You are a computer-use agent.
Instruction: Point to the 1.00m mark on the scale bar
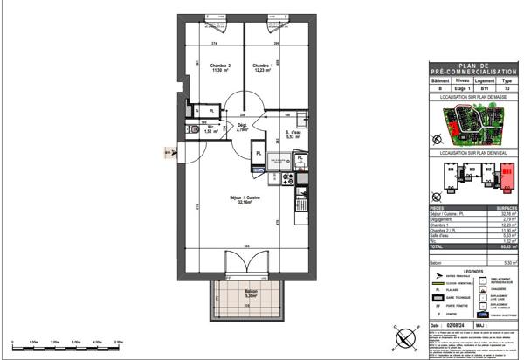32,342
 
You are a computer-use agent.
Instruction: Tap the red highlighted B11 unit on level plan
506,173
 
